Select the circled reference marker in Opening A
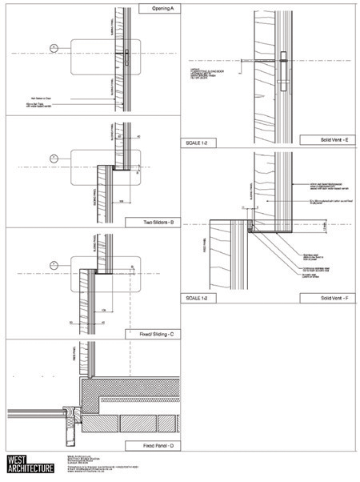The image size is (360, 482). click(x=53, y=49)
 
